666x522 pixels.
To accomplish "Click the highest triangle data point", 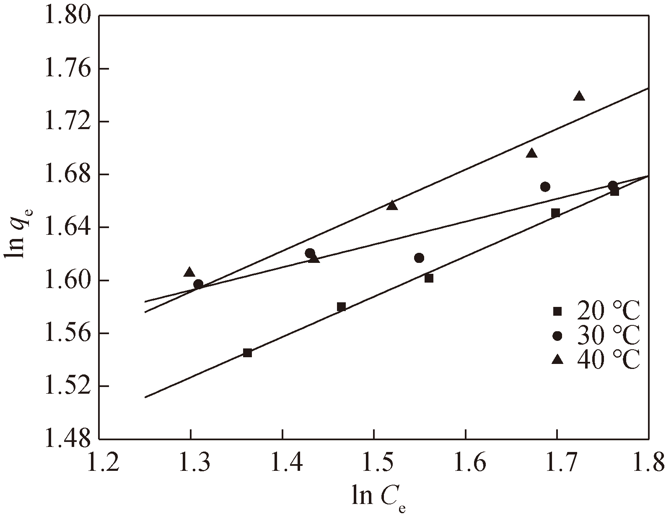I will [579, 96].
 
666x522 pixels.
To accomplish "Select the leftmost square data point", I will [247, 353].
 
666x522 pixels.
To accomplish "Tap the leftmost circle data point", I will [198, 284].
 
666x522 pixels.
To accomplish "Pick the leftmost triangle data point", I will [189, 272].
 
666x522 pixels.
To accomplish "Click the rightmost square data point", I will [614, 192].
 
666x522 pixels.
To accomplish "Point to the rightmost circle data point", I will [612, 185].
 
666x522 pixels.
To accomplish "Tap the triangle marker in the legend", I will [557, 359].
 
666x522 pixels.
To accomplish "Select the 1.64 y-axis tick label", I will [67, 227].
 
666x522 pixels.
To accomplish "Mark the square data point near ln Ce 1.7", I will [555, 213].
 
